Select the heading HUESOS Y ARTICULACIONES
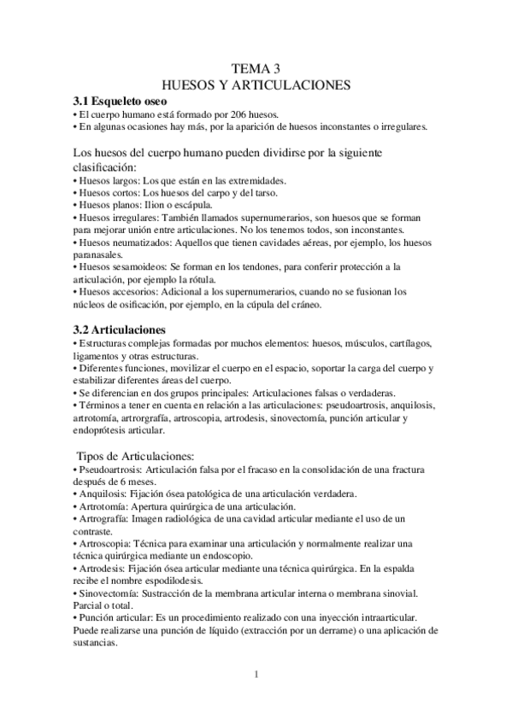click(256, 85)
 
